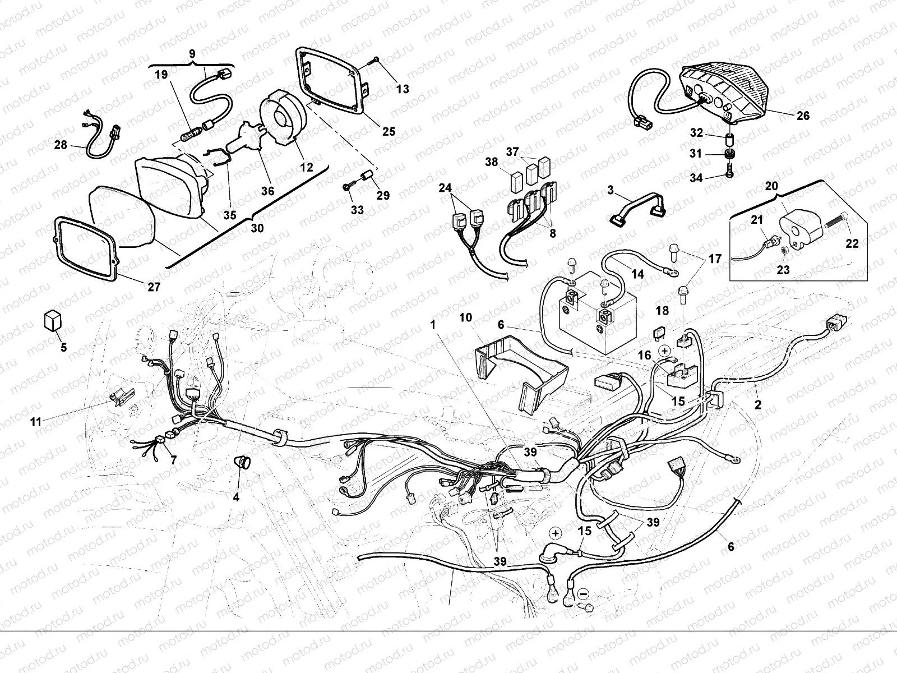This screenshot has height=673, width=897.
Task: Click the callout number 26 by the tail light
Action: pos(803,116)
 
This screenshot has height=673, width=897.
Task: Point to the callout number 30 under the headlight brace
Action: pos(257,228)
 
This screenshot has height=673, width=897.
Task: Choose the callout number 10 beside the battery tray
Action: pos(465,317)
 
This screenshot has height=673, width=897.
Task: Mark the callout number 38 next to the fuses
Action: pos(491,162)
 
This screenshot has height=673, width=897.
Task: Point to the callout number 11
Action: pos(36,422)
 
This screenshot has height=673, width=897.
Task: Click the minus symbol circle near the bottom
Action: pos(583,592)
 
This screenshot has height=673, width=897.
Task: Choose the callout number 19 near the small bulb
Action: pos(161,75)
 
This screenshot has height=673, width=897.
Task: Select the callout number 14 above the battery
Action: pos(637,274)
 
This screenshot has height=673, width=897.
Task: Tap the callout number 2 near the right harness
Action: pos(758,404)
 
